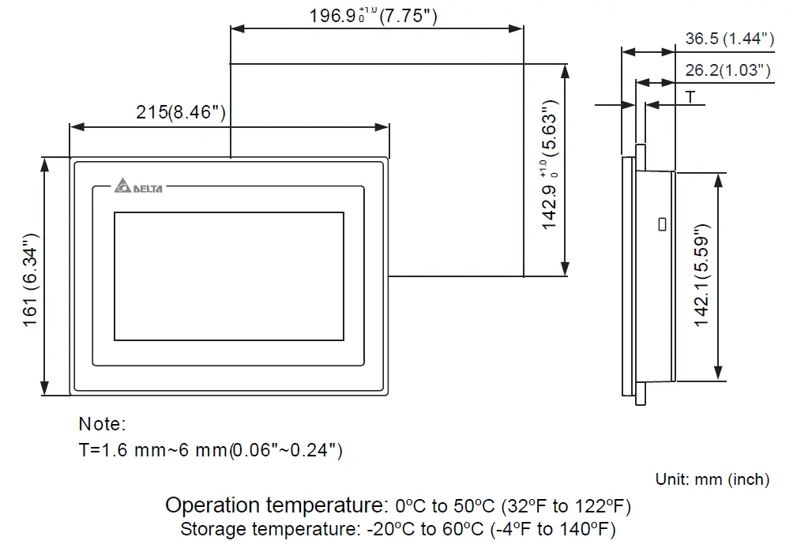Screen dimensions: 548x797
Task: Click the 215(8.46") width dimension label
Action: [182, 112]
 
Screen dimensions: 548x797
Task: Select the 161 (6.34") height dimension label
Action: [30, 275]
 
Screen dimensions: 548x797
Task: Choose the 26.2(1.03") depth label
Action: [727, 70]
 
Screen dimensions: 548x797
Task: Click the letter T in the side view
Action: [690, 97]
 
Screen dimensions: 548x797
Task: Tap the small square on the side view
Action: [661, 224]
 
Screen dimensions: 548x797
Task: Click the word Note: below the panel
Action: [102, 424]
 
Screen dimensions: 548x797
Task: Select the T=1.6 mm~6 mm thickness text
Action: [210, 450]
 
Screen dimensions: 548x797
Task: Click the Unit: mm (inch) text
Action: [712, 479]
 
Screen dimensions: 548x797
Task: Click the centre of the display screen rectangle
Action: [229, 276]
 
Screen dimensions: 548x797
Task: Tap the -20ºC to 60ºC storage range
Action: [427, 529]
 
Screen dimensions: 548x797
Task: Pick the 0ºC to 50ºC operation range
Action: [445, 505]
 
